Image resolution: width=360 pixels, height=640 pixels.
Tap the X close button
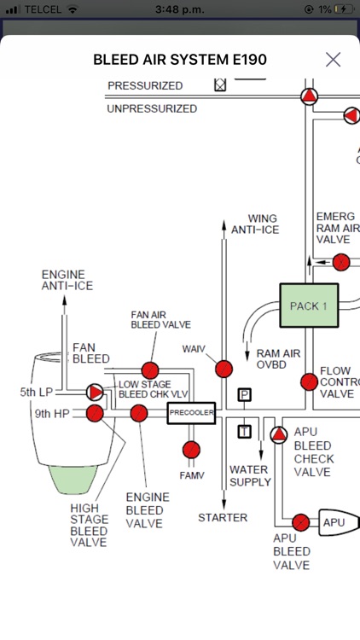pyautogui.click(x=333, y=59)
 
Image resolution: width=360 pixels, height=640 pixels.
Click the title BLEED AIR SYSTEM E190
pyautogui.click(x=180, y=60)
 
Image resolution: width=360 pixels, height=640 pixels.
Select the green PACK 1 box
pyautogui.click(x=309, y=305)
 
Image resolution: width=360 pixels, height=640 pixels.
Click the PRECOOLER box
pyautogui.click(x=191, y=413)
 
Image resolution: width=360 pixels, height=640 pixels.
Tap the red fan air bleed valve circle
pyautogui.click(x=150, y=370)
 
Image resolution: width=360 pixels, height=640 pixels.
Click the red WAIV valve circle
pyautogui.click(x=224, y=369)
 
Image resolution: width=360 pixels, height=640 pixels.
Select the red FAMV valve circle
pyautogui.click(x=191, y=450)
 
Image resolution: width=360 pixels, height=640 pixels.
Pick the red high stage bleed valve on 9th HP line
pyautogui.click(x=95, y=414)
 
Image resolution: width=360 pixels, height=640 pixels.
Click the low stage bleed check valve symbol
pyautogui.click(x=95, y=393)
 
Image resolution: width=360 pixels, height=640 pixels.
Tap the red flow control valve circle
pyautogui.click(x=309, y=381)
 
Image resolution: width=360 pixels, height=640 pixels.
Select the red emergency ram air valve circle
pyautogui.click(x=340, y=262)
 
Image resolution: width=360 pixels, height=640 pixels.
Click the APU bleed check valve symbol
pyautogui.click(x=279, y=435)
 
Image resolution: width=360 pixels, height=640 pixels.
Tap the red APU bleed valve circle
pyautogui.click(x=300, y=521)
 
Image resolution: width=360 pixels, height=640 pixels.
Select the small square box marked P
pyautogui.click(x=244, y=394)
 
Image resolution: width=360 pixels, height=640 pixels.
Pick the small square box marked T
pyautogui.click(x=244, y=431)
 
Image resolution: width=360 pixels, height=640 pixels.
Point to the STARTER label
pyautogui.click(x=223, y=517)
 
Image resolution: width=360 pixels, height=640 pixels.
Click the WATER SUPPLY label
pyautogui.click(x=250, y=475)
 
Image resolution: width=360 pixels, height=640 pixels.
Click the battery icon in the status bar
pyautogui.click(x=344, y=9)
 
